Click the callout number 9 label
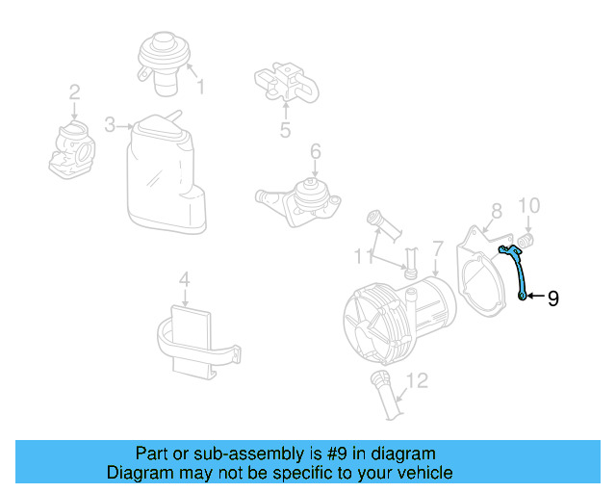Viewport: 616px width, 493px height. (552, 298)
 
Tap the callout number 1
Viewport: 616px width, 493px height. (201, 89)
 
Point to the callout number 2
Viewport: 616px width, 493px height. (74, 93)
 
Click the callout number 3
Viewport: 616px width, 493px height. (110, 125)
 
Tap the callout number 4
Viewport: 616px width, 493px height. (184, 280)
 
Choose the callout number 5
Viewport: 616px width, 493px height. (285, 130)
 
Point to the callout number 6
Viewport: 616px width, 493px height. (315, 151)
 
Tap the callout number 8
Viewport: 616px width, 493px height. (496, 209)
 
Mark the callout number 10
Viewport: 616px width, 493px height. (529, 205)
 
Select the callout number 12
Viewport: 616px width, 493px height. (416, 381)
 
